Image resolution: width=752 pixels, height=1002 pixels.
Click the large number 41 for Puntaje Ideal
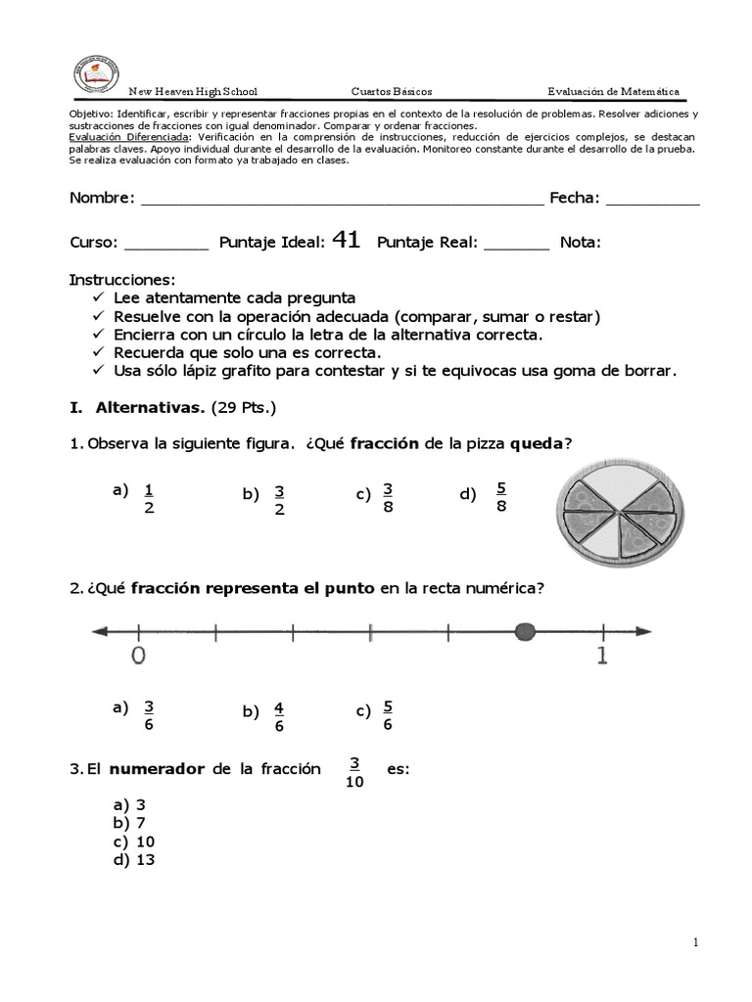[x=347, y=241]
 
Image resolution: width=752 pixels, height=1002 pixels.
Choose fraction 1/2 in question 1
[x=149, y=498]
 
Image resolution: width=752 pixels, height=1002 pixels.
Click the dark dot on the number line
[x=525, y=632]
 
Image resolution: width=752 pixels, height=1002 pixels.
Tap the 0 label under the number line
[x=139, y=657]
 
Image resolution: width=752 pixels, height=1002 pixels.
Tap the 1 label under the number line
[x=601, y=657]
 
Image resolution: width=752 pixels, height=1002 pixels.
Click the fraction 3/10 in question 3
[x=354, y=773]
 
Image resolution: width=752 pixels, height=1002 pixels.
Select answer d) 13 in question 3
[x=134, y=860]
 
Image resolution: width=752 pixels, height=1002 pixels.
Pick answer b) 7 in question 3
[x=130, y=823]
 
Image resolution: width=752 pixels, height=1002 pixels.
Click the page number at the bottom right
[x=694, y=942]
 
